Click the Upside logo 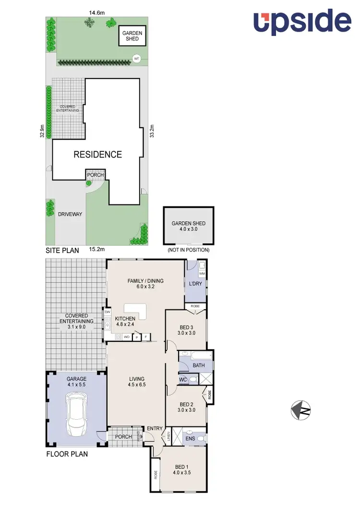tap(302, 21)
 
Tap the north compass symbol tap(301, 410)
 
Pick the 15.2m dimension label tap(97, 249)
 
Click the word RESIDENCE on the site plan tap(97, 154)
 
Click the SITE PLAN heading tap(62, 250)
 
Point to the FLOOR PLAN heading tap(67, 453)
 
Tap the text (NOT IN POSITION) tap(188, 250)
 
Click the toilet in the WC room tap(192, 380)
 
